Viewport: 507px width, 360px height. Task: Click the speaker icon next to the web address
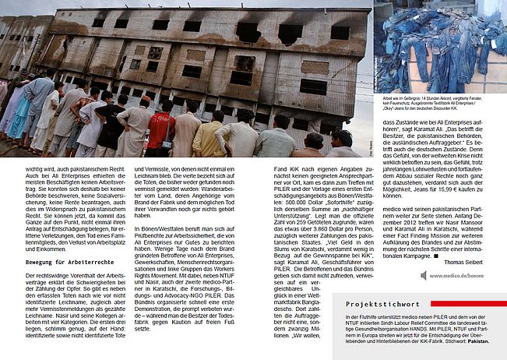click(426, 275)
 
